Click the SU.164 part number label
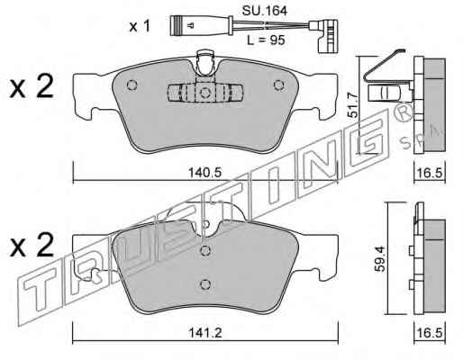point(265,11)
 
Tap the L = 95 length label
point(266,40)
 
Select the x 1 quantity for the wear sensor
point(140,26)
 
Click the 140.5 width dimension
point(204,173)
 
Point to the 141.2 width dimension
point(205,333)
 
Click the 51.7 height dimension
point(353,105)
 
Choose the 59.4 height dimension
point(380,259)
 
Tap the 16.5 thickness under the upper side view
point(431,174)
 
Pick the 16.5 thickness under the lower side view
point(431,333)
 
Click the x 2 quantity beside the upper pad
point(32,86)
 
